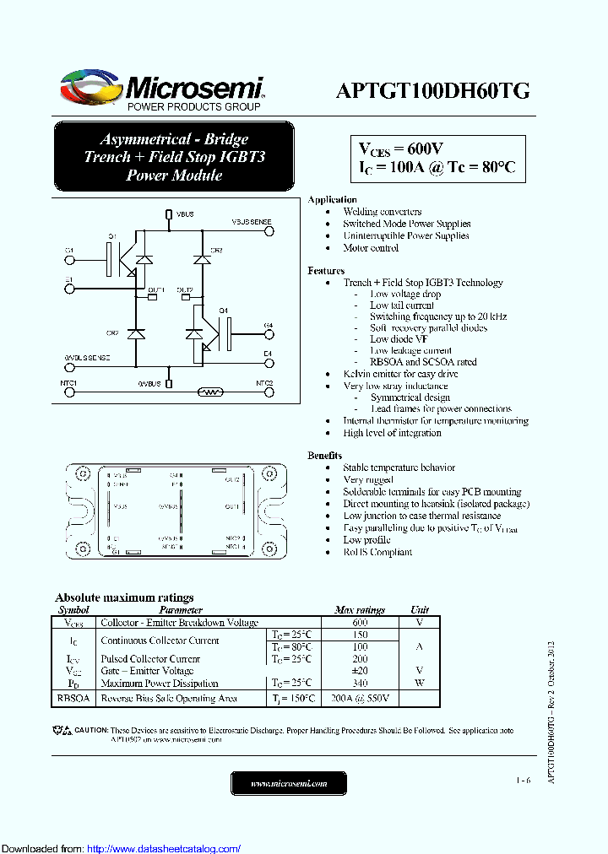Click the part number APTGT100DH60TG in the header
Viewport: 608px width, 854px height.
432,91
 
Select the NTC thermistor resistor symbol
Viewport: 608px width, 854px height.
209,392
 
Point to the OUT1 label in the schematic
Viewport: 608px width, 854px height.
156,290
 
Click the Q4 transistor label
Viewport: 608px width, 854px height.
224,311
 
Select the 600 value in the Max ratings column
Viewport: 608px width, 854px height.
360,622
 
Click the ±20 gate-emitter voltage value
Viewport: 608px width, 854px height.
360,671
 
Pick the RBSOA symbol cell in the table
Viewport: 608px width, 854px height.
73,699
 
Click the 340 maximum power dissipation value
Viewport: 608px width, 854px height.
360,684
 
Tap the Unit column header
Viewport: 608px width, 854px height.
420,609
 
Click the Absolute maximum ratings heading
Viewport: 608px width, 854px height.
124,597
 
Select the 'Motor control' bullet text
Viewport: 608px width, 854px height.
371,248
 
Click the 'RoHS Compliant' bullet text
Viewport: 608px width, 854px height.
377,552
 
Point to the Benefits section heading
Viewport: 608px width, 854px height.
325,455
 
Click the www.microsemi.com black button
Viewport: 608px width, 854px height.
289,784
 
